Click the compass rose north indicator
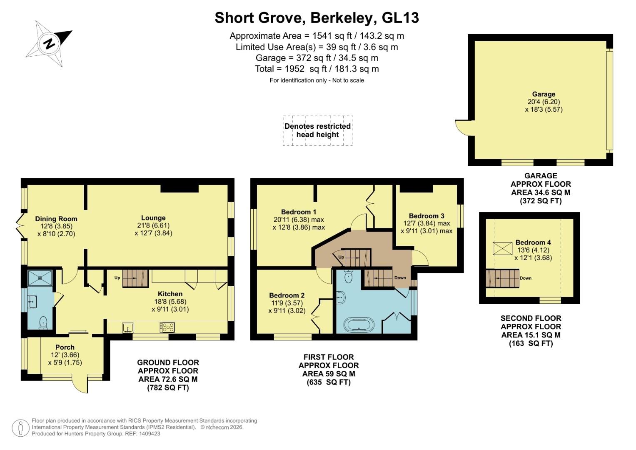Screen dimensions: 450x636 [x=49, y=43]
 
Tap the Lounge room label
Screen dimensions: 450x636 [x=153, y=218]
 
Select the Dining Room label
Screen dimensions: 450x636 [x=56, y=219]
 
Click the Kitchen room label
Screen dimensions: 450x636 [x=170, y=294]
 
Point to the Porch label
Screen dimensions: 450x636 [x=65, y=347]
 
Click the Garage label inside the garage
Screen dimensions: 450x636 [x=544, y=94]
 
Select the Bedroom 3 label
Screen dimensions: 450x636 [x=426, y=216]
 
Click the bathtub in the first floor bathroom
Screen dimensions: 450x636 [x=359, y=324]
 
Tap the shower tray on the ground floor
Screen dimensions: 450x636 [x=40, y=277]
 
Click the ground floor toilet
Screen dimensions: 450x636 [x=43, y=323]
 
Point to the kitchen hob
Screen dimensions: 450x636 [x=167, y=327]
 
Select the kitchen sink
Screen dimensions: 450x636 [x=128, y=327]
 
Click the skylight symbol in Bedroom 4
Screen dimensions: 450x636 [x=502, y=249]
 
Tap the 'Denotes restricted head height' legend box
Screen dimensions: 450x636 [x=318, y=130]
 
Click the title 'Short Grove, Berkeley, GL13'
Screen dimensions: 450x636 [x=317, y=18]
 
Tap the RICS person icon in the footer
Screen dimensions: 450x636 [x=20, y=428]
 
